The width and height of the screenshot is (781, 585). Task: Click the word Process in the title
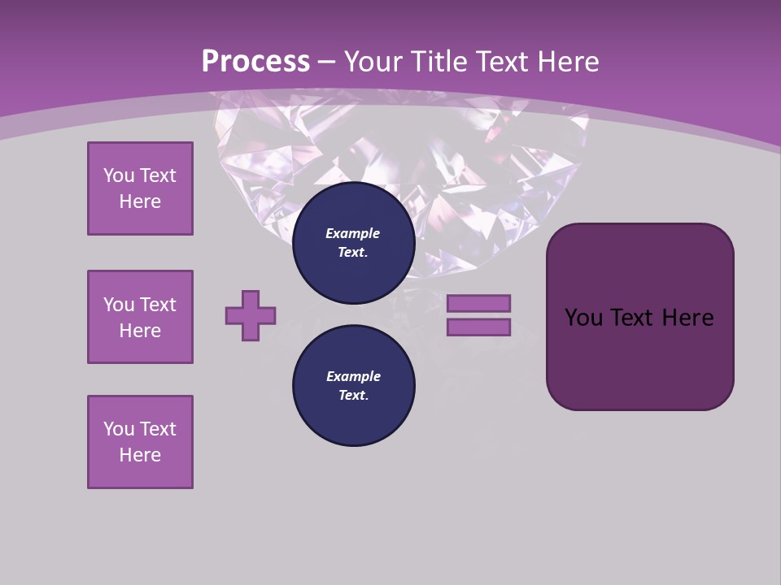[x=255, y=62]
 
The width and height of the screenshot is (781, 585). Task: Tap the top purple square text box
[x=140, y=188]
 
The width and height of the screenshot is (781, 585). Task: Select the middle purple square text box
[x=140, y=317]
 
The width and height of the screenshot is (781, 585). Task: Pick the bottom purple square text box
[x=140, y=442]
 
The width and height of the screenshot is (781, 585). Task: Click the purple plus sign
[x=251, y=315]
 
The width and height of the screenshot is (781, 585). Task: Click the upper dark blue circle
[x=354, y=243]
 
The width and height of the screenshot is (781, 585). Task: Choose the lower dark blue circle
[x=354, y=386]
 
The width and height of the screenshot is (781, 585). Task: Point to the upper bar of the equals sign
[x=478, y=303]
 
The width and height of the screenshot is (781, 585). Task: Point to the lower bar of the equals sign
[x=478, y=327]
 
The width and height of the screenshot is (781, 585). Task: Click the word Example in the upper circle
[x=353, y=233]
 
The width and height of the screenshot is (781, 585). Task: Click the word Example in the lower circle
[x=353, y=376]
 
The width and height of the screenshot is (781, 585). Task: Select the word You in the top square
[x=119, y=175]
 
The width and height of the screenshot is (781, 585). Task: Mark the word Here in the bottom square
[x=140, y=455]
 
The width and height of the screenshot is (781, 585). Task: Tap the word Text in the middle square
[x=158, y=305]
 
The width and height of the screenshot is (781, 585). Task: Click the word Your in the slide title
[x=372, y=62]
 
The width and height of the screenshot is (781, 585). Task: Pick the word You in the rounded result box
[x=583, y=318]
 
